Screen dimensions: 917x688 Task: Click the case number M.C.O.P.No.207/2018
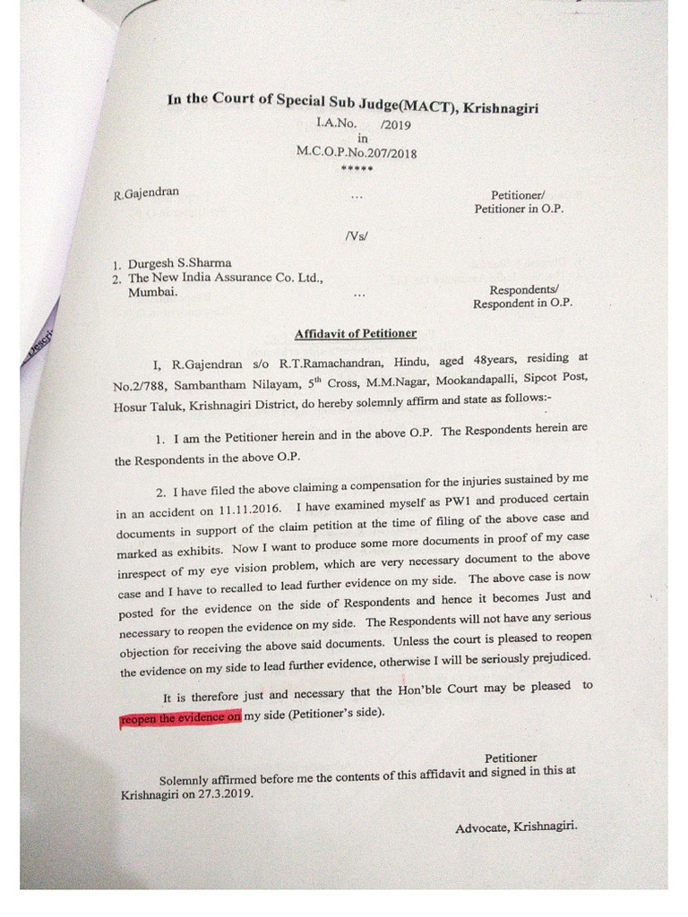pyautogui.click(x=356, y=152)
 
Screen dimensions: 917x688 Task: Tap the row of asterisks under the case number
pyautogui.click(x=357, y=168)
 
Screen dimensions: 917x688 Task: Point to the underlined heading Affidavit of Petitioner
pyautogui.click(x=356, y=333)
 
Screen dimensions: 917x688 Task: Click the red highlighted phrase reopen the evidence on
pyautogui.click(x=180, y=718)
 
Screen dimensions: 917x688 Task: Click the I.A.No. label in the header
pyautogui.click(x=337, y=124)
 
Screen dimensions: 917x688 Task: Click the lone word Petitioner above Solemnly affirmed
pyautogui.click(x=511, y=757)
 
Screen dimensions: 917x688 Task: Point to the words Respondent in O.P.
pyautogui.click(x=522, y=304)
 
